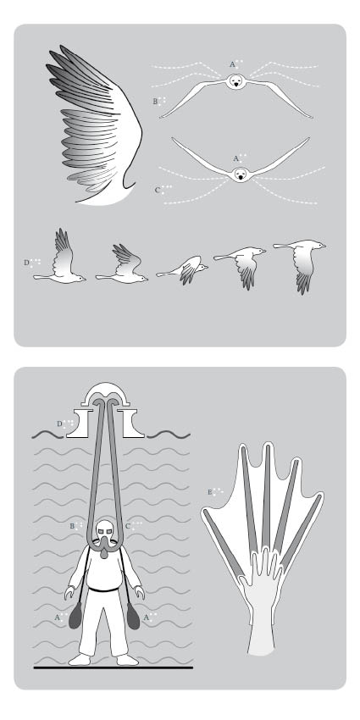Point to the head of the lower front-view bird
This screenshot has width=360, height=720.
click(241, 174)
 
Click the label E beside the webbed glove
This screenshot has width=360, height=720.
click(212, 491)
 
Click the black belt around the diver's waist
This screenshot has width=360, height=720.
click(106, 589)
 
